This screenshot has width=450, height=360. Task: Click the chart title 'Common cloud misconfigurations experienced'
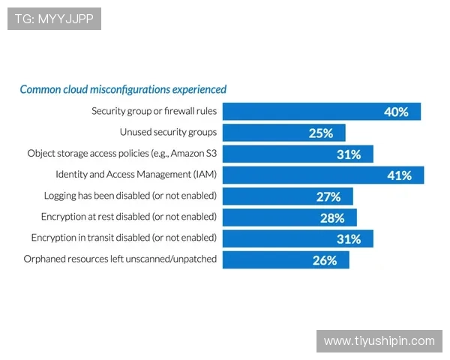click(x=123, y=89)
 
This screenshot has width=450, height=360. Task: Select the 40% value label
click(x=395, y=112)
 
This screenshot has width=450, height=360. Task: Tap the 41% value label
click(x=399, y=175)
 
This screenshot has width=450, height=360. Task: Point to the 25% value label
click(x=320, y=133)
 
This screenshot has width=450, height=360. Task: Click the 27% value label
click(x=328, y=196)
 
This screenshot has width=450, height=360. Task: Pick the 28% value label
click(x=332, y=218)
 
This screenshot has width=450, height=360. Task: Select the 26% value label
click(x=325, y=260)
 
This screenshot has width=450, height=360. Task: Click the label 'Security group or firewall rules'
click(x=154, y=111)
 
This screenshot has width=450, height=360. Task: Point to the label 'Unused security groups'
click(x=168, y=132)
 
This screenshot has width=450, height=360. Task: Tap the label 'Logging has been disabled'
click(x=130, y=196)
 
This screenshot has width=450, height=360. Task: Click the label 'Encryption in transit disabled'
click(x=124, y=238)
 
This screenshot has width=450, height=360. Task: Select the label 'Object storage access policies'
click(x=122, y=153)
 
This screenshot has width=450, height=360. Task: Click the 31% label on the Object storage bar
click(x=349, y=154)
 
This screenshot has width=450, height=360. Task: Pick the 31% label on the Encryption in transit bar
click(x=349, y=239)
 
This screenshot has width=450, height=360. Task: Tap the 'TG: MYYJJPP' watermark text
click(x=53, y=19)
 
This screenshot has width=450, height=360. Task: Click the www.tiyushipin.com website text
click(x=379, y=341)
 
